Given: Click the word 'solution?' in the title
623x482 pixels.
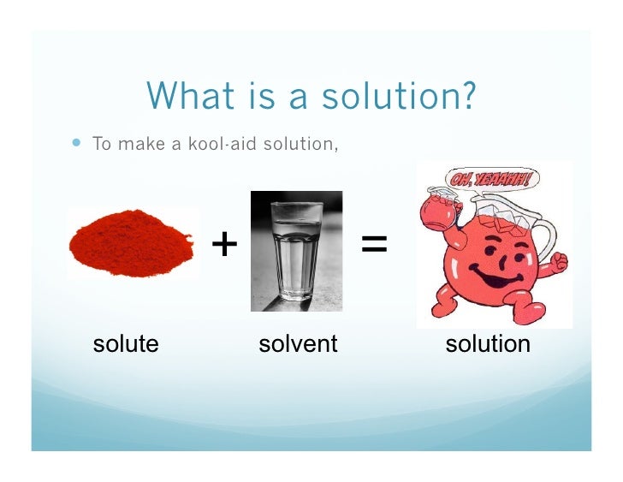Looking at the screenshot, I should point(399,97).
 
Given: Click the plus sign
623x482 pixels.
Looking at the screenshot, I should point(224,245).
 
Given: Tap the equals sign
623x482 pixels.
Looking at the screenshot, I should point(374,245).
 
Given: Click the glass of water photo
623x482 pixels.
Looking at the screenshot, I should point(296,250).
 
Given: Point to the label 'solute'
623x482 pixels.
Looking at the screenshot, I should point(126,344).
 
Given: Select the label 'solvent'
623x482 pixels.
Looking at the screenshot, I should point(298,344).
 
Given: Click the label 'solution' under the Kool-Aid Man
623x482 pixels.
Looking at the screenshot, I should point(488,344).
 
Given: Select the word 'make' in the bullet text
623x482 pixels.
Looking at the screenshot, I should point(139,143).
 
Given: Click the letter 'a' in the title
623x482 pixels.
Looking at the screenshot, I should point(299,97).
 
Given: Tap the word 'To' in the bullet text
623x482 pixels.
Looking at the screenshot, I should point(103,143).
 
